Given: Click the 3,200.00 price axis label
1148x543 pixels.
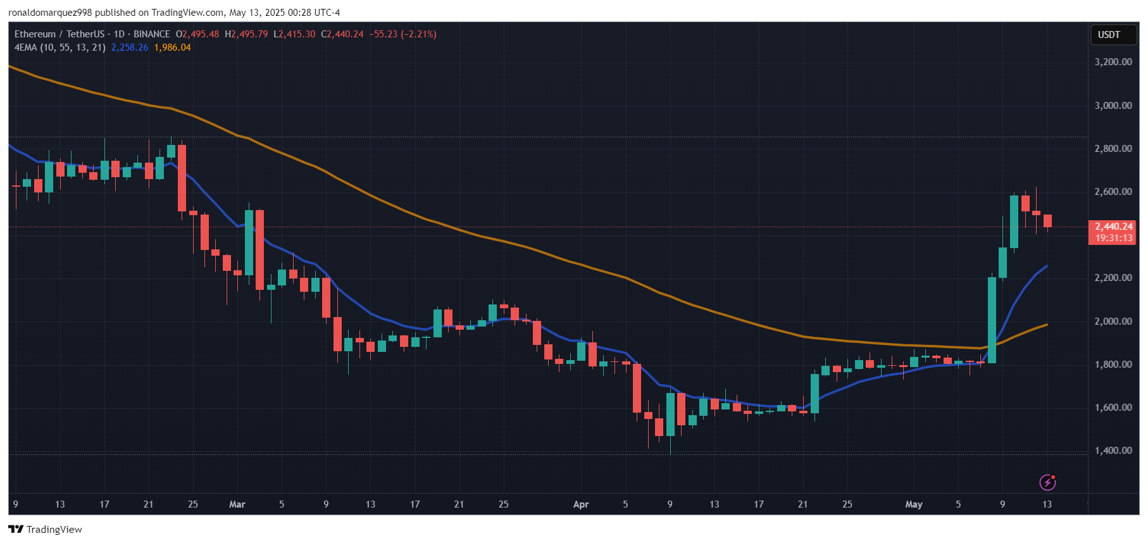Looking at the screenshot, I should [x=1113, y=62].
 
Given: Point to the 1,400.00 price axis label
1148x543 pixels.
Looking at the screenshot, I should [x=1113, y=451].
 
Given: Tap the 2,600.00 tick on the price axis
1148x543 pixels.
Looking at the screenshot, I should [x=1113, y=192].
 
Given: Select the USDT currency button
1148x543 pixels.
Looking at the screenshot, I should [x=1109, y=35].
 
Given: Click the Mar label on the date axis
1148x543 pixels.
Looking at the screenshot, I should [x=237, y=504].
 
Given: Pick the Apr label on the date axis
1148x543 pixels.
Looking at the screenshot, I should [x=580, y=504].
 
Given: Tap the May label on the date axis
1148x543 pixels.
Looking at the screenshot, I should [x=913, y=504].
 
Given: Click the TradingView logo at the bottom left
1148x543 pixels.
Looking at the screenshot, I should [x=45, y=529].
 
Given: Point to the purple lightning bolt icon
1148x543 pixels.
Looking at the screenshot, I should [x=1047, y=482].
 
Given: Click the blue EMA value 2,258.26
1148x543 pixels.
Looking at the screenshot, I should [x=130, y=47].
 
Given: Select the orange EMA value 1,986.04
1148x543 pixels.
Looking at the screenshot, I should [x=172, y=47].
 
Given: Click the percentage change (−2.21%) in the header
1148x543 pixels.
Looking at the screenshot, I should [x=418, y=34].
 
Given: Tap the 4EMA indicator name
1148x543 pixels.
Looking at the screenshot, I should [x=25, y=47].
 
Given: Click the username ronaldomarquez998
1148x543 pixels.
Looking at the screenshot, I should [x=50, y=13].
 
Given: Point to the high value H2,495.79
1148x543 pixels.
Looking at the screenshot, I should [x=246, y=34].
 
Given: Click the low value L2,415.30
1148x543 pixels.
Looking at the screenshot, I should [x=294, y=34].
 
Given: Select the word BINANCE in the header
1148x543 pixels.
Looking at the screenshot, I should [x=152, y=34].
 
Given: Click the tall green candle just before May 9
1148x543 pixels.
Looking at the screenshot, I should [x=992, y=320].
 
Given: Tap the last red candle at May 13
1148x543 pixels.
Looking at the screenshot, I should [x=1047, y=221].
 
